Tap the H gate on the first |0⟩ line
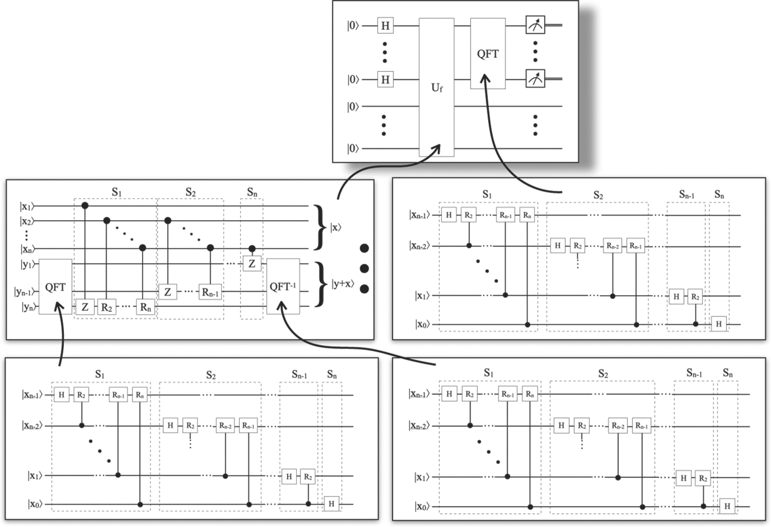pos(385,25)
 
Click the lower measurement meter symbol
pos(535,79)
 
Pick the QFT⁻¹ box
pos(283,286)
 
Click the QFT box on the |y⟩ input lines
pos(55,286)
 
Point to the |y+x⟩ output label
pos(343,283)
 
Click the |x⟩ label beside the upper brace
pos(336,227)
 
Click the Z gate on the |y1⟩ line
pos(252,263)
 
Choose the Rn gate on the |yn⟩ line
pos(145,307)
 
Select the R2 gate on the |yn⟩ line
pos(107,307)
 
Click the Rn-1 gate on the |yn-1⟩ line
pos(211,292)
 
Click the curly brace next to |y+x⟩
pos(320,285)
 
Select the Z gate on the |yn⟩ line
pos(85,307)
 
